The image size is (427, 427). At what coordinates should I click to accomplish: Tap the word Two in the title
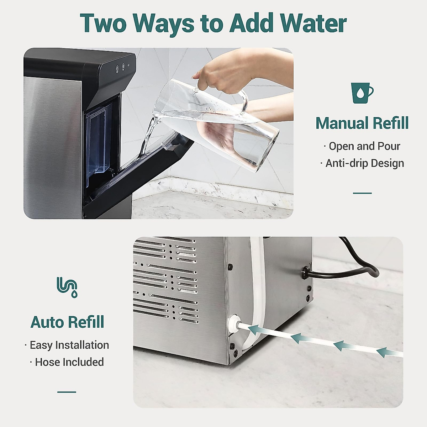[x=103, y=23]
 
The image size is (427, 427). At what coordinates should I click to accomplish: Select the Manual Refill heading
[x=362, y=123]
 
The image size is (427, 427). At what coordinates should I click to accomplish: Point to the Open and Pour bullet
[x=362, y=146]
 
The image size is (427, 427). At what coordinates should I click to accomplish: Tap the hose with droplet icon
[x=67, y=287]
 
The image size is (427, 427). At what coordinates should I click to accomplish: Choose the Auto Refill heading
[x=67, y=322]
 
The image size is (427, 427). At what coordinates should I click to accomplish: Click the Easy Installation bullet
[x=67, y=345]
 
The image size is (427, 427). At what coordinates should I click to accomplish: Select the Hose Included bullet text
[x=67, y=362]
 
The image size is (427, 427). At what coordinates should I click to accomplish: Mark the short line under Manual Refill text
[x=362, y=193]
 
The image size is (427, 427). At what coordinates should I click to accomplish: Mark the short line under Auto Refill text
[x=67, y=392]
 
